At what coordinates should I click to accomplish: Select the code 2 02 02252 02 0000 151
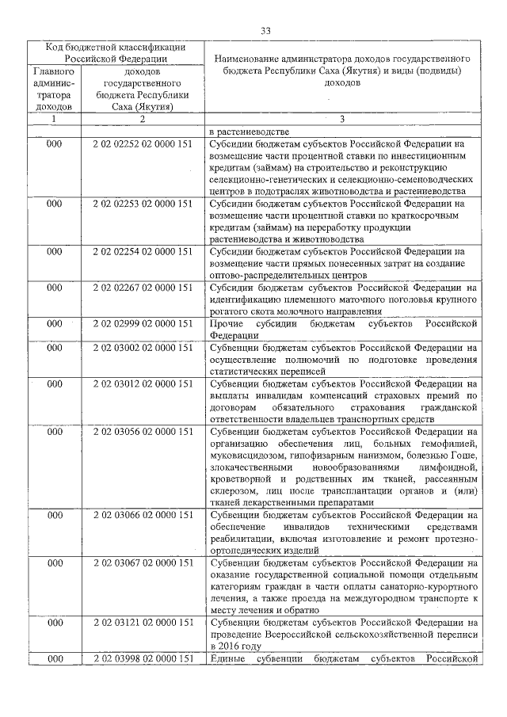tap(143, 144)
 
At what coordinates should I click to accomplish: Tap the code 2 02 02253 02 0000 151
tap(143, 204)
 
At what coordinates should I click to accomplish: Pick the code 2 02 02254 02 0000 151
tap(143, 251)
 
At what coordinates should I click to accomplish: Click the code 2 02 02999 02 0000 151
tap(143, 323)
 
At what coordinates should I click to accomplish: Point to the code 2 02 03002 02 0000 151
tap(143, 347)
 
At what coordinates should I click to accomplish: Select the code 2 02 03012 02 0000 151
tap(143, 383)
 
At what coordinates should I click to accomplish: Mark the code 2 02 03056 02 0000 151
tap(143, 432)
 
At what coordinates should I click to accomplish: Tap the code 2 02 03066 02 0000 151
tap(143, 515)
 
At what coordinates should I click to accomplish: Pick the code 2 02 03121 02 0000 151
tap(143, 623)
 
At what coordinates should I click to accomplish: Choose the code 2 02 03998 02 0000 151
tap(143, 659)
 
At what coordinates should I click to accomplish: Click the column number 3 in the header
tap(341, 119)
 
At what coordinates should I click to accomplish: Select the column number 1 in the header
tap(54, 119)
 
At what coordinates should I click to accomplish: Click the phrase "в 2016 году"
tap(235, 646)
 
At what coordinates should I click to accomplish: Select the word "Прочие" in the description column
tap(227, 323)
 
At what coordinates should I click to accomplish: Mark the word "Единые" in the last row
tap(228, 659)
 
